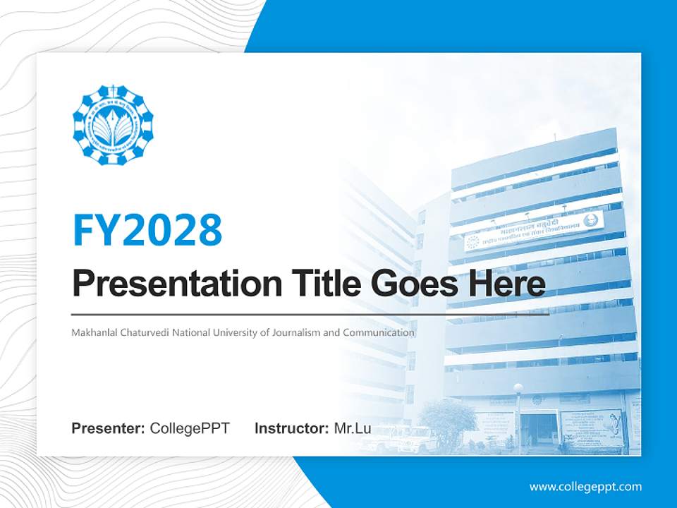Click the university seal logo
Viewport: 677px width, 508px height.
[113, 125]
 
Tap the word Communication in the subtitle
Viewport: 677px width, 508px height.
[378, 332]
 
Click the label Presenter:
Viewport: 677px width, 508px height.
[109, 428]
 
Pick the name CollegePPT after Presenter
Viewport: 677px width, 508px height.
[190, 428]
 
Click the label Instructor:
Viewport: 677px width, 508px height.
[291, 428]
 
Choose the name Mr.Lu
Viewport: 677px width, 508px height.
[353, 428]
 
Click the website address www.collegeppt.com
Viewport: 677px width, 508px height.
[585, 487]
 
